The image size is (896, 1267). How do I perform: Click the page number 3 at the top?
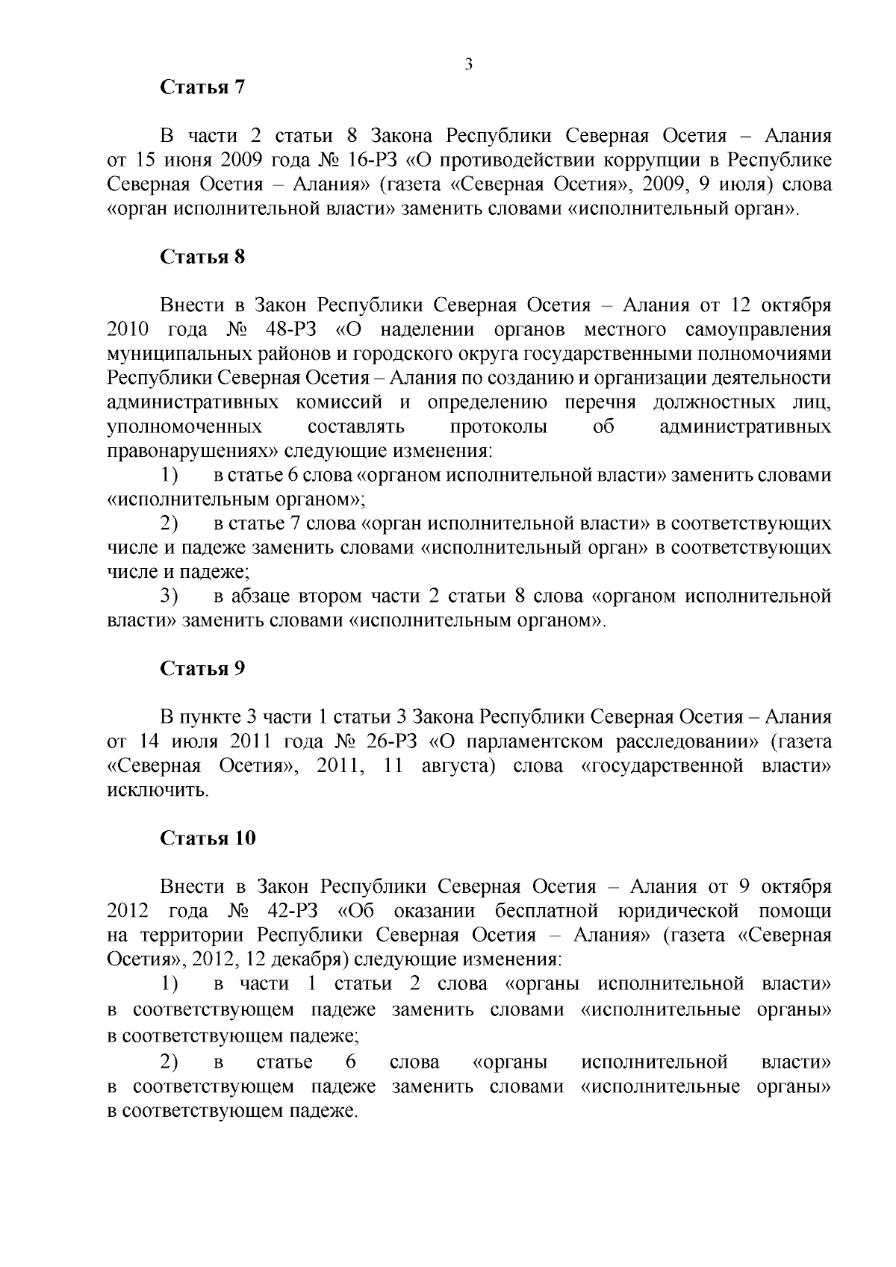pos(468,64)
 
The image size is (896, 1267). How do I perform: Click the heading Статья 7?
pos(203,87)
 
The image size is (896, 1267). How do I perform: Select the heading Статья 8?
pos(203,257)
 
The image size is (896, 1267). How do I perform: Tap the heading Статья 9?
pos(203,668)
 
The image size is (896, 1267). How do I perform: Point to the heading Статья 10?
pos(208,838)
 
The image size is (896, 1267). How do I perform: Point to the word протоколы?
pos(498,427)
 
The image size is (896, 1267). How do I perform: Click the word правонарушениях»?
pos(191,452)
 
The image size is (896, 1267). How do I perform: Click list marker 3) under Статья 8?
pos(169,597)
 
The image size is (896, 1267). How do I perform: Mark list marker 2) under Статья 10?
pos(169,1062)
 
